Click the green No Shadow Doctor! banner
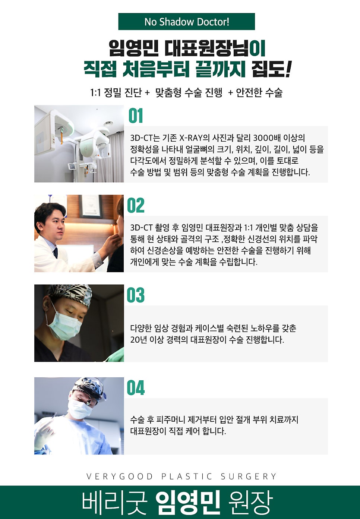[x=186, y=22]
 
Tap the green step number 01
[x=136, y=116]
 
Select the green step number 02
[x=136, y=206]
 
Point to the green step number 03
[x=136, y=295]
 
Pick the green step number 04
[x=136, y=388]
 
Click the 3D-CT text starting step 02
[x=141, y=228]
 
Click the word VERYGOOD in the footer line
[x=120, y=476]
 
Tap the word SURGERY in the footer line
[x=249, y=476]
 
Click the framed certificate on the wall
[x=92, y=206]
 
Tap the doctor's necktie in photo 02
[x=56, y=253]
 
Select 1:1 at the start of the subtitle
[x=95, y=92]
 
